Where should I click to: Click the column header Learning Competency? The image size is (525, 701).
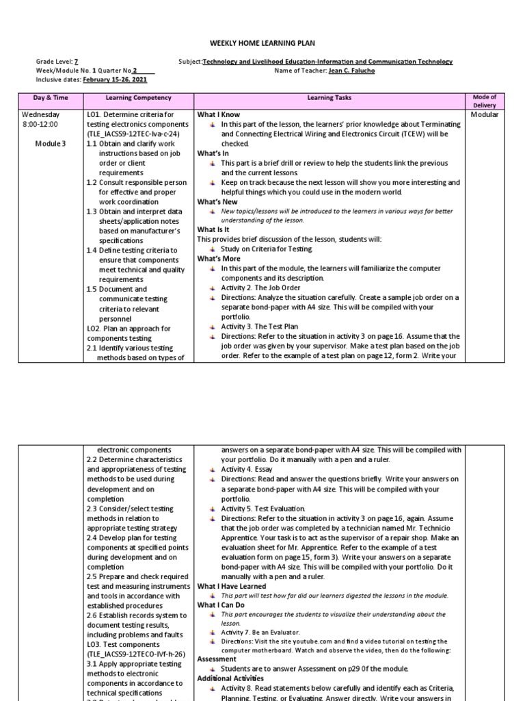coord(139,99)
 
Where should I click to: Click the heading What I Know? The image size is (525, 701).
coord(219,115)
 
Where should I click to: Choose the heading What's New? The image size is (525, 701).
coord(217,202)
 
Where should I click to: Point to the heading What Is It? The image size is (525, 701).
coord(214,230)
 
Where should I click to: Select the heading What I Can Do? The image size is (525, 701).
coord(221,605)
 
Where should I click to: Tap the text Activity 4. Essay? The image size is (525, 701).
coord(252,470)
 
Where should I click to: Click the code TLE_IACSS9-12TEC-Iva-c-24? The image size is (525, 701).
coord(135,134)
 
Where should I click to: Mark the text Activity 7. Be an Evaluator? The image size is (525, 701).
coord(260,632)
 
